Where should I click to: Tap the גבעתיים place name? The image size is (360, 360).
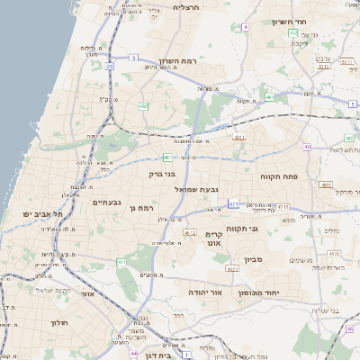pyautogui.click(x=106, y=202)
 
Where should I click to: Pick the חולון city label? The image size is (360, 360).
pyautogui.click(x=60, y=322)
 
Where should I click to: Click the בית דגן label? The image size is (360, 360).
pyautogui.click(x=157, y=357)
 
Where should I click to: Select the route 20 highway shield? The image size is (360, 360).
pyautogui.click(x=109, y=66)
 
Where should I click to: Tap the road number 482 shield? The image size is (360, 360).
pyautogui.click(x=143, y=106)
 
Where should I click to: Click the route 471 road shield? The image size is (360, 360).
pyautogui.click(x=233, y=204)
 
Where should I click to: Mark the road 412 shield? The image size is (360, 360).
pyautogui.click(x=190, y=232)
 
